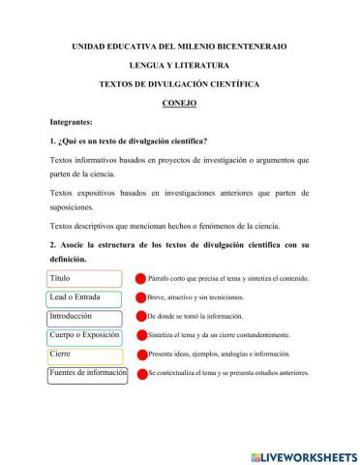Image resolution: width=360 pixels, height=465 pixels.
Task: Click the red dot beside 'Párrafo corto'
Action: (x=140, y=279)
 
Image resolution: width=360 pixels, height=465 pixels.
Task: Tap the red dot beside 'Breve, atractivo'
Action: (x=140, y=297)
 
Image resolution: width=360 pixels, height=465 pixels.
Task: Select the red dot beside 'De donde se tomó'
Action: (x=140, y=317)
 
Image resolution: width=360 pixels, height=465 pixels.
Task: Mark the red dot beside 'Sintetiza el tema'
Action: (x=140, y=335)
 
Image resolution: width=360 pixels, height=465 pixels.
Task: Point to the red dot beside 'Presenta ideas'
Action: (x=140, y=355)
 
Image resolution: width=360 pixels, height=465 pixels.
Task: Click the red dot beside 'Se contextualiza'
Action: (x=140, y=374)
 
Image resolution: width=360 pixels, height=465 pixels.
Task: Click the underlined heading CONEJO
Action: (x=179, y=103)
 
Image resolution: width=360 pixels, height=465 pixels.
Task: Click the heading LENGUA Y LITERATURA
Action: (x=180, y=65)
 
